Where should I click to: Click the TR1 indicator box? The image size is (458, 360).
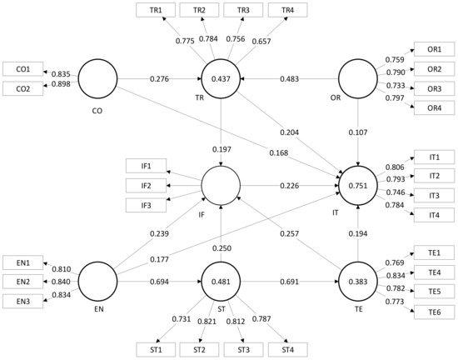coord(155,9)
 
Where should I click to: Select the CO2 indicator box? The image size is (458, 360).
coord(22,87)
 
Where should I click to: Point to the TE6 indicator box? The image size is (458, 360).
coord(434,312)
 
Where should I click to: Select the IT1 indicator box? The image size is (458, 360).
coord(434,157)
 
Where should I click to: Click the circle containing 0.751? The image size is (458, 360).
coord(358,186)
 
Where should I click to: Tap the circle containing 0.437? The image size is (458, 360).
coord(221,79)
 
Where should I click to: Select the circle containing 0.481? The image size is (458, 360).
coord(221,282)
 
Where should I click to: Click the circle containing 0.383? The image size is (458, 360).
coord(358,282)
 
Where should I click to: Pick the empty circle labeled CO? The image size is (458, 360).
coord(97,79)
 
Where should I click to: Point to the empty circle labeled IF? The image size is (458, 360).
coord(221,185)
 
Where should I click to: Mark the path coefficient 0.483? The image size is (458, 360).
coord(288,79)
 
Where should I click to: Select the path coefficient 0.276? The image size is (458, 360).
coord(158,79)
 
